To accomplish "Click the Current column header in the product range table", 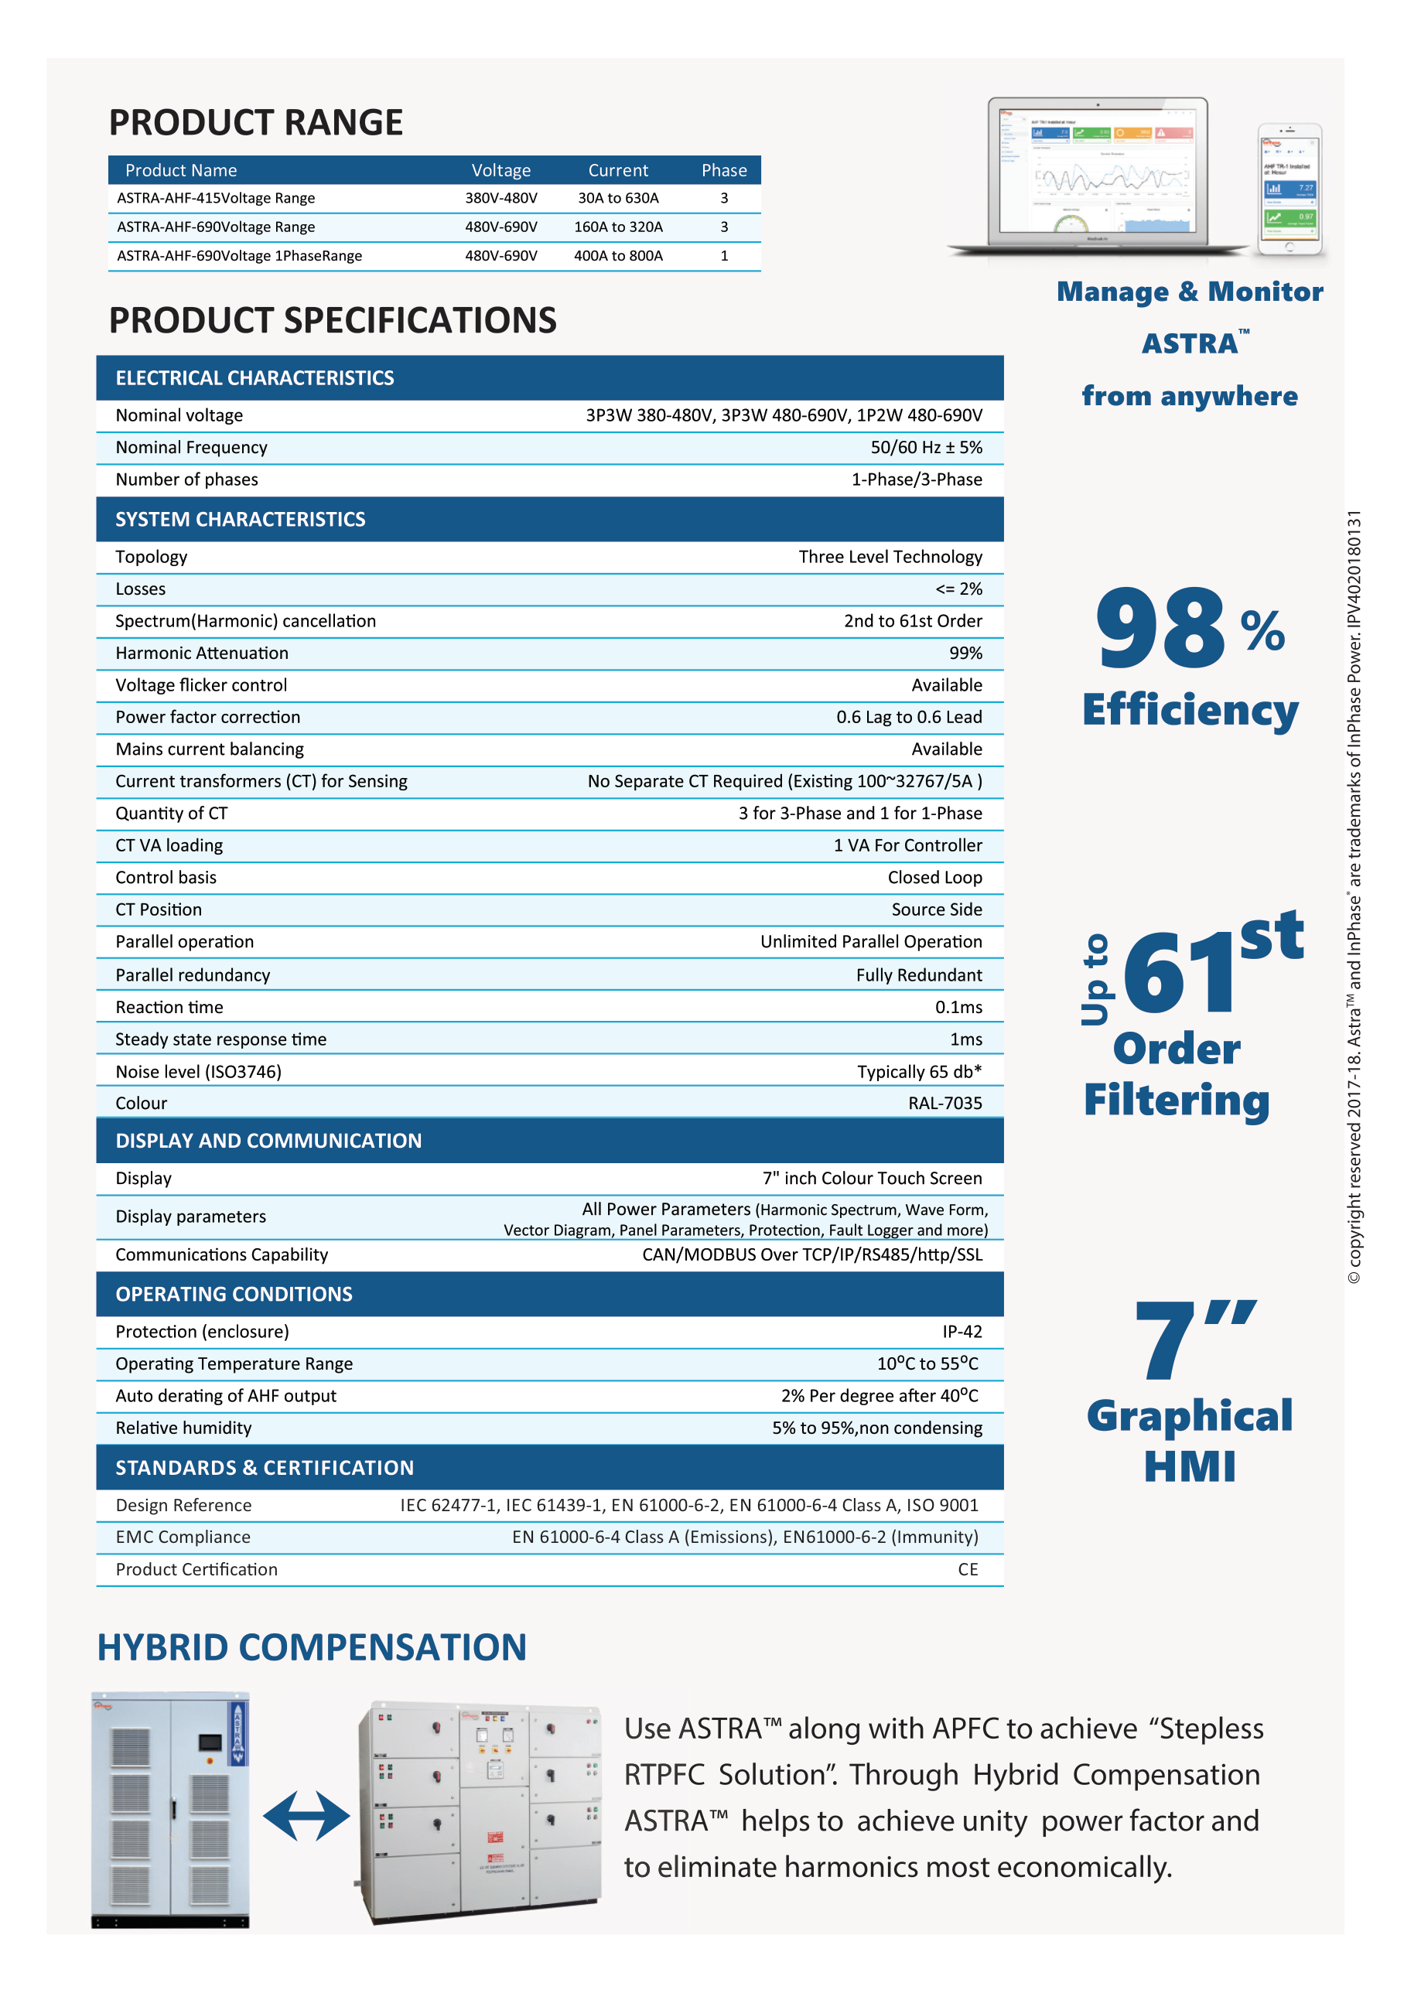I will pyautogui.click(x=618, y=171).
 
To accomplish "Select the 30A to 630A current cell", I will pyautogui.click(x=618, y=199).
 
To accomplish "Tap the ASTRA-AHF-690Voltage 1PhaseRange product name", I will pyautogui.click(x=239, y=256).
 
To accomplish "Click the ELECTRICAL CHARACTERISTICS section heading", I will pyautogui.click(x=254, y=378).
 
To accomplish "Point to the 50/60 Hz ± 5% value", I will pyautogui.click(x=926, y=448).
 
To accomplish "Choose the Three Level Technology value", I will pyautogui.click(x=890, y=558).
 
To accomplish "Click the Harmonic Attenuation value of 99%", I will pyautogui.click(x=965, y=654).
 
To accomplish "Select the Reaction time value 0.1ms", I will pyautogui.click(x=958, y=1008).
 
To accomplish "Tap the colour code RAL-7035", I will pyautogui.click(x=945, y=1104).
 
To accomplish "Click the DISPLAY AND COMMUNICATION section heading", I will pyautogui.click(x=268, y=1141).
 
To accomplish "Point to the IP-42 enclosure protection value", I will pyautogui.click(x=962, y=1333).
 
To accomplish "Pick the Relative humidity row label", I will pyautogui.click(x=184, y=1428).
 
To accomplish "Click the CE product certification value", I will pyautogui.click(x=968, y=1571).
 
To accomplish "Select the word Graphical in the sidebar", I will pyautogui.click(x=1189, y=1417).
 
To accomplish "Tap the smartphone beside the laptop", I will pyautogui.click(x=1289, y=189).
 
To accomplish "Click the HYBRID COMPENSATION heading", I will pyautogui.click(x=312, y=1648).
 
